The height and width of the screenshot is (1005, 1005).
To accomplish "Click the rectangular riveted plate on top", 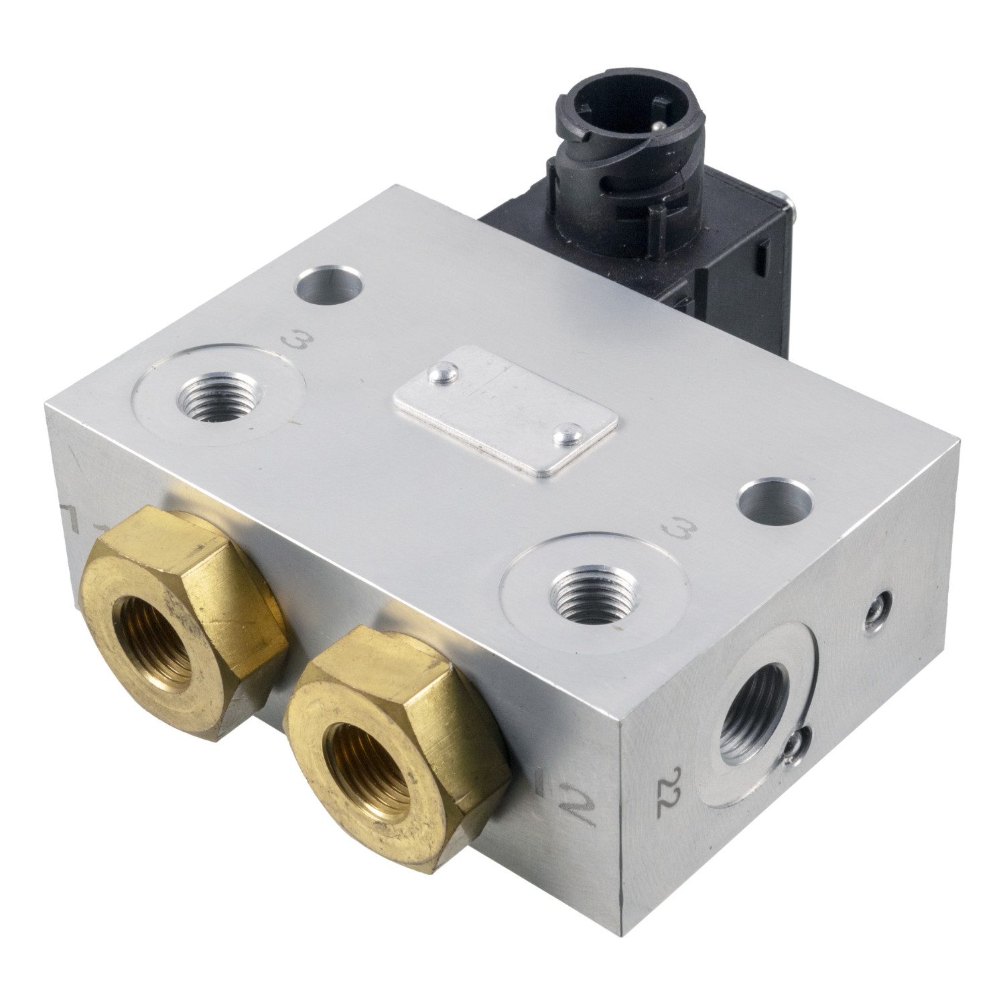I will pos(505,411).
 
